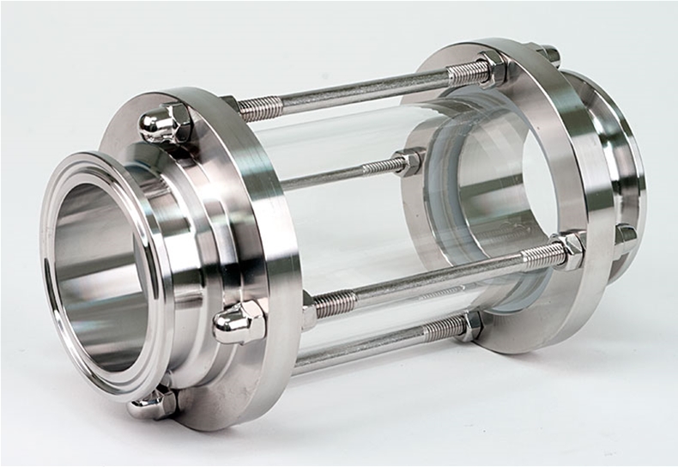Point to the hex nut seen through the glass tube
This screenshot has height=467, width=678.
409,162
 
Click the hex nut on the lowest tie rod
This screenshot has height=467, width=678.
470,326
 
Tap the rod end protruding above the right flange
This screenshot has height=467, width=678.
548,55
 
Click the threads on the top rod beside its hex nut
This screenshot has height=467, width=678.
463,75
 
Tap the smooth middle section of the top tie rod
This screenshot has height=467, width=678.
360,91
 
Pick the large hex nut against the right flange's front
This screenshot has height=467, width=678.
569,251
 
